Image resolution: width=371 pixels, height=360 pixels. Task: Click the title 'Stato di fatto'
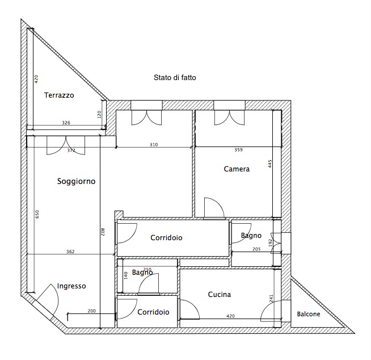[175, 77]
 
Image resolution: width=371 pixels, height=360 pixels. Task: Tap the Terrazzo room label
[59, 95]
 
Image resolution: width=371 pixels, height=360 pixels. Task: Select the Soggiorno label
[76, 182]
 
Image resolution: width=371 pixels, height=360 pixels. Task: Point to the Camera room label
[237, 169]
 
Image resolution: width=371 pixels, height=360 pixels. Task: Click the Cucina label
[220, 294]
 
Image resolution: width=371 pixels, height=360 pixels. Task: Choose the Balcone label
[309, 314]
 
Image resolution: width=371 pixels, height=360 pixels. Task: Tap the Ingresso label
[71, 286]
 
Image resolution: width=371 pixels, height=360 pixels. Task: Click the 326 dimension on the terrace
[66, 123]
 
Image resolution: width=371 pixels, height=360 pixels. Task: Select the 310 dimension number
[154, 144]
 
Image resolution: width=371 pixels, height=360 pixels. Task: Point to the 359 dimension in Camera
[238, 150]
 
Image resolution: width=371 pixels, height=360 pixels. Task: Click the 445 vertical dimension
[270, 164]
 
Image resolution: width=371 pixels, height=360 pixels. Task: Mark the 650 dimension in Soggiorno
[37, 214]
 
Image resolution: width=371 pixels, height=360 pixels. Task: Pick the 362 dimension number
[70, 252]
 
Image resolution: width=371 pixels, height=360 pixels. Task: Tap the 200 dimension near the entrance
[91, 311]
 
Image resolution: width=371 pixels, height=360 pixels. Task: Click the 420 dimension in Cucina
[230, 316]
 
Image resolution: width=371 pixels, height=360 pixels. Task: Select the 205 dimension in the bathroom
[256, 249]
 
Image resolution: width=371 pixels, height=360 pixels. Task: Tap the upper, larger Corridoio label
[166, 237]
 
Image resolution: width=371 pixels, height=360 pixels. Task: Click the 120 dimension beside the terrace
[99, 114]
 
